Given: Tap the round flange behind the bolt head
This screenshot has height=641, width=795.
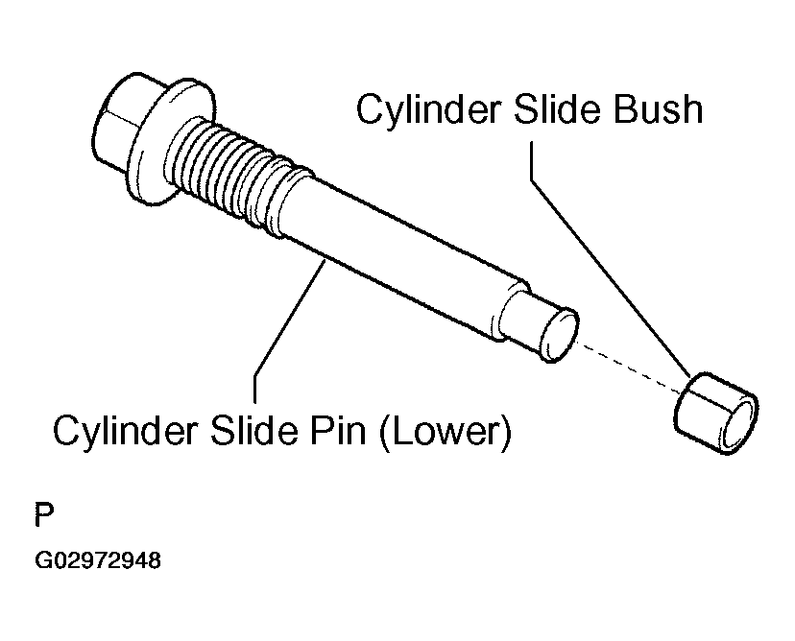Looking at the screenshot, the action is tap(167, 142).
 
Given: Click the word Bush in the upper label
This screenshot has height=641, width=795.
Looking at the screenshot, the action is tap(658, 109).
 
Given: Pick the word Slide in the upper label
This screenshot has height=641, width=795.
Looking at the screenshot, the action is tap(558, 109).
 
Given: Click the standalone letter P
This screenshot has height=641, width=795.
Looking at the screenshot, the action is tap(43, 514).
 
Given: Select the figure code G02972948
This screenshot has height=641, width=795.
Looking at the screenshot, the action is tap(98, 560).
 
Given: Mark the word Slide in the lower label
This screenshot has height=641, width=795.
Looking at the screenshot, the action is tap(254, 431).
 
